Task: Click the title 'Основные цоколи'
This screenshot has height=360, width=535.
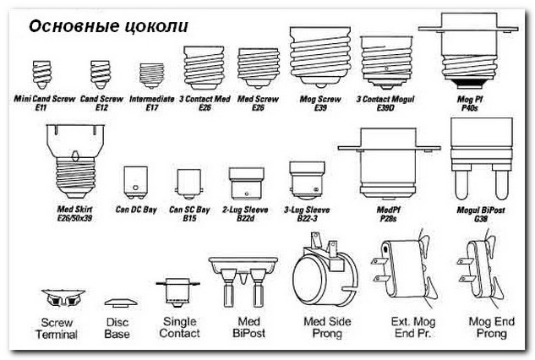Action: [x=108, y=26]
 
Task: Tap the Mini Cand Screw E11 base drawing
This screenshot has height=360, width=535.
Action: [x=42, y=74]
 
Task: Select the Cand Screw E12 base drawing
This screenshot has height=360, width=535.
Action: [x=101, y=74]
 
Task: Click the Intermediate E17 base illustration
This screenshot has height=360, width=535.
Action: [x=152, y=75]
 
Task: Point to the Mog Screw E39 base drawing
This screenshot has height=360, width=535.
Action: [x=320, y=57]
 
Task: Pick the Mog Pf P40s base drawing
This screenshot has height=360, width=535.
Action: [x=468, y=50]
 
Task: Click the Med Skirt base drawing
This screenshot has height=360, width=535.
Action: [x=75, y=161]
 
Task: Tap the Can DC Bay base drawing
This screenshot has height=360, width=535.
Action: [x=135, y=183]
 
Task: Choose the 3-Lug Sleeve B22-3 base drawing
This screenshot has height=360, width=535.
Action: [x=307, y=181]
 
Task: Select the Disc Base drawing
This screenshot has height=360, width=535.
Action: [x=121, y=303]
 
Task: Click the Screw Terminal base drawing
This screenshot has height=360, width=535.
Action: [x=63, y=298]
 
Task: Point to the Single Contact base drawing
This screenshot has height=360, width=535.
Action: [x=177, y=291]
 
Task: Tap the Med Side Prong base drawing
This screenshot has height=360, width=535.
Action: [x=325, y=270]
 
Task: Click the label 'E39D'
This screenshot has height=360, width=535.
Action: [x=385, y=108]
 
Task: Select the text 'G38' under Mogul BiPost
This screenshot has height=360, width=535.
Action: [x=481, y=219]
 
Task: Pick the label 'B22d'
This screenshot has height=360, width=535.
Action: [x=245, y=218]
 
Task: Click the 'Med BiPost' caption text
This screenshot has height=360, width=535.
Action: [x=248, y=327]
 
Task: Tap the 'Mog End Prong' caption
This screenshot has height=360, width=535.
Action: [x=491, y=327]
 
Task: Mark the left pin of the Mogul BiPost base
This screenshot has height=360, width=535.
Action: [x=461, y=185]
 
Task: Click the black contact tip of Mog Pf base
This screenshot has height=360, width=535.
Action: [x=468, y=83]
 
